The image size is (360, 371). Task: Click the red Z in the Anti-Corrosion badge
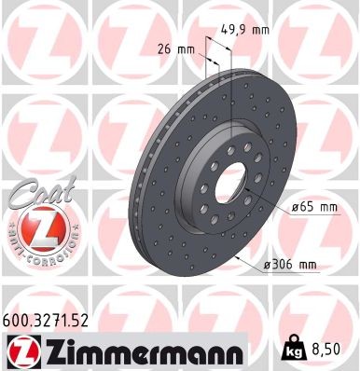[x=38, y=228]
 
